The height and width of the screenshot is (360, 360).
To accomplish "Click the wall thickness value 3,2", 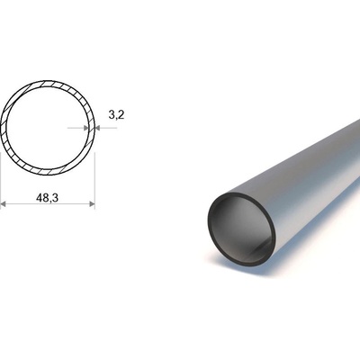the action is pos(116,115).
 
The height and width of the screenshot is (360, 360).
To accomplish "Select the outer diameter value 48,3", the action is pos(47,198).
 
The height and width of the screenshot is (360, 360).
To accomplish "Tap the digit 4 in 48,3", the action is pos(39,197).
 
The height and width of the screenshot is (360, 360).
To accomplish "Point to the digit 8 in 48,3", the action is pos(45,197).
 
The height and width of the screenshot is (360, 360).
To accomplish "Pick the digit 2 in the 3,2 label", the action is pos(121,114).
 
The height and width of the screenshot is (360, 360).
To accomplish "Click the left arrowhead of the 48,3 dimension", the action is pos(3,204).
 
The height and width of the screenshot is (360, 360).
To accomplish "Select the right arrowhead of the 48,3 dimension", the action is pos(92,204).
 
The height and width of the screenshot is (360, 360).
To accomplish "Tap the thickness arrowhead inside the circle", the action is pos(86,128).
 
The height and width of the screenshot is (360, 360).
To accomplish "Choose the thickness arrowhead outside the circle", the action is pos(97,128).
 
